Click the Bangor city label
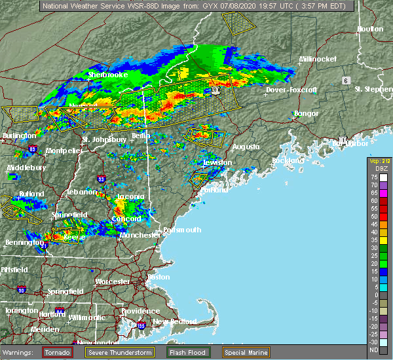click(x=307, y=113)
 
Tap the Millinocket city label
click(x=318, y=59)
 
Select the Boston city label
click(x=159, y=277)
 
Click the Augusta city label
click(x=247, y=147)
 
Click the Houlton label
click(x=370, y=29)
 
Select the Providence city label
click(x=140, y=311)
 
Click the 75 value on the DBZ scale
click(x=372, y=177)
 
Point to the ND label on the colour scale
click(x=372, y=350)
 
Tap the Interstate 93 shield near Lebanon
click(x=101, y=178)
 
